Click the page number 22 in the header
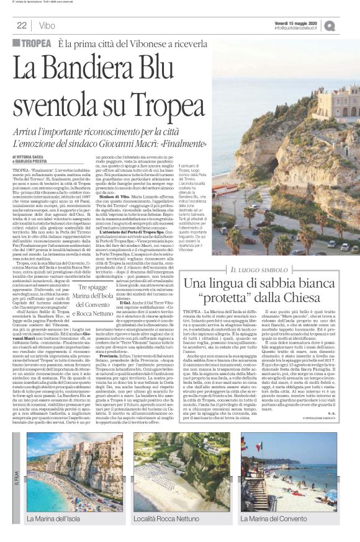click(x=22, y=25)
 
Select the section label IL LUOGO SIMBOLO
click(x=255, y=268)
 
